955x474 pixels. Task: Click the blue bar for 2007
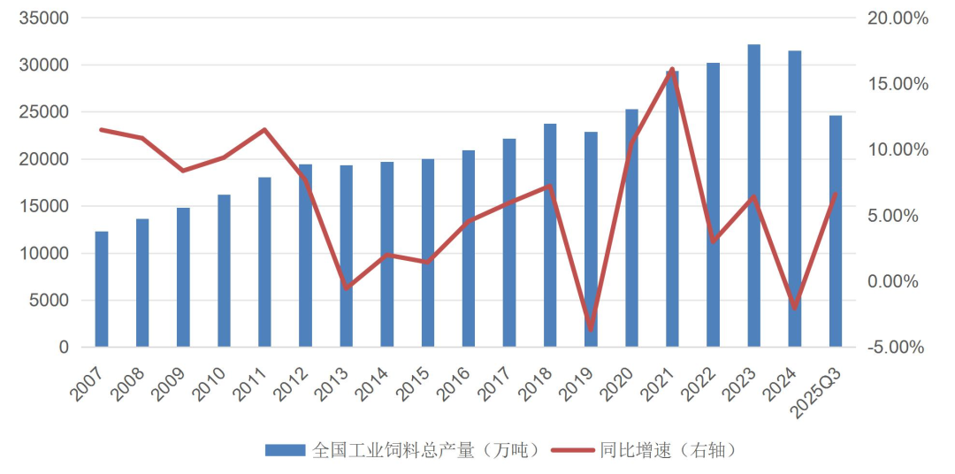click(x=102, y=289)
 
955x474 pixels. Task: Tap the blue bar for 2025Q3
click(x=836, y=231)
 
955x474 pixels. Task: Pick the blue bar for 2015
click(x=428, y=253)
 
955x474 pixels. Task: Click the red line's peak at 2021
click(x=672, y=69)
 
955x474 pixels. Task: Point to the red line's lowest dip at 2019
click(x=591, y=329)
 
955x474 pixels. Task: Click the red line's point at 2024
click(x=795, y=308)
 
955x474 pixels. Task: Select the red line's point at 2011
click(x=264, y=130)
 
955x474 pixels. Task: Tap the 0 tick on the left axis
click(x=63, y=348)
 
